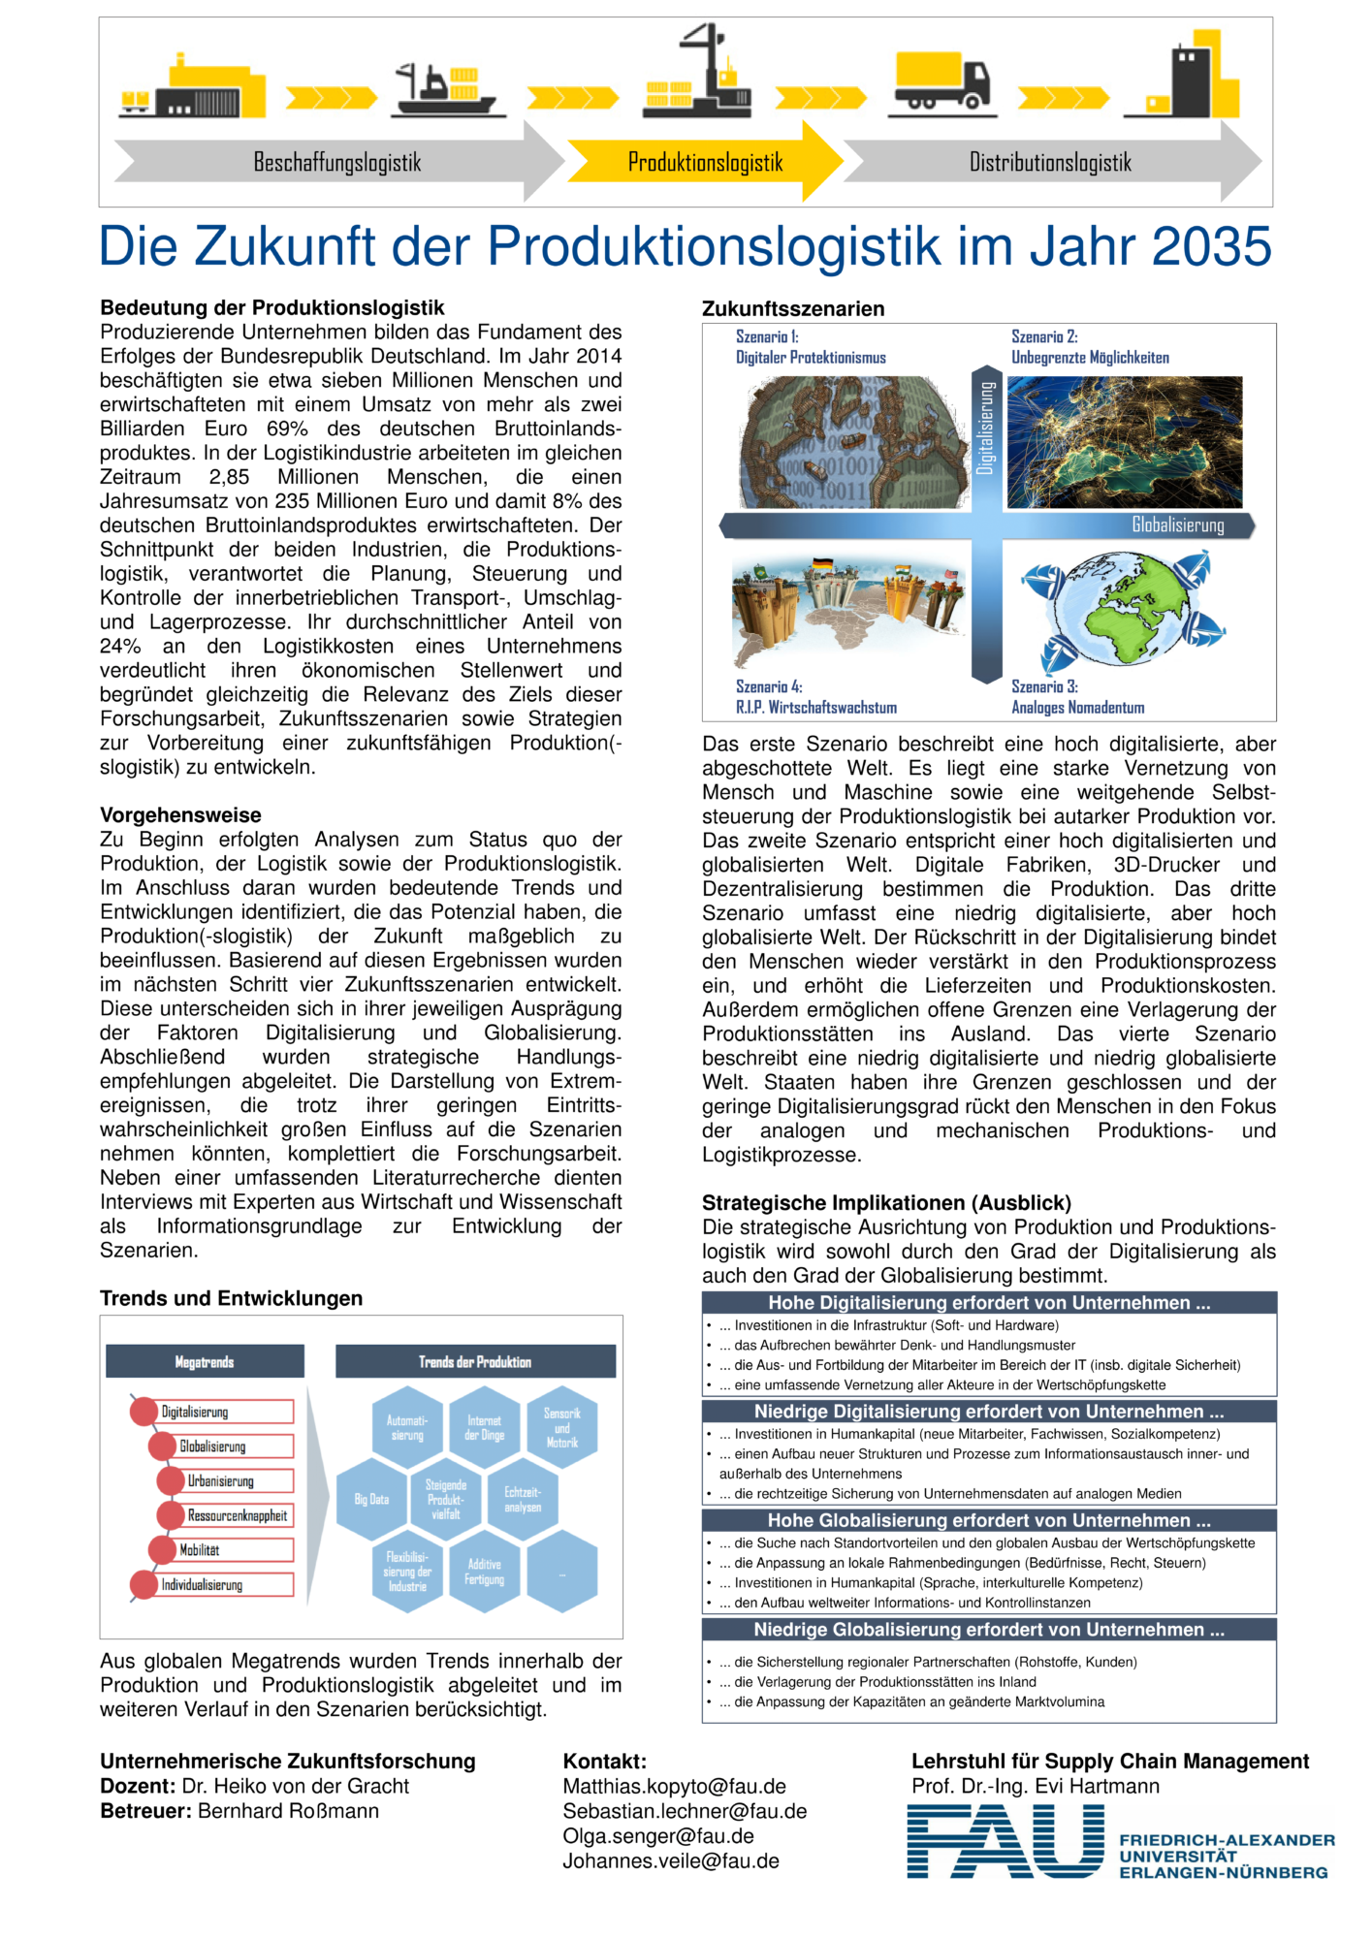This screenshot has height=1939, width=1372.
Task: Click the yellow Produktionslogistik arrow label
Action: point(705,162)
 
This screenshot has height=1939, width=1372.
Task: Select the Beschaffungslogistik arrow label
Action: point(336,162)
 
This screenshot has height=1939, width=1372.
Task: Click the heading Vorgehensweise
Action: point(180,814)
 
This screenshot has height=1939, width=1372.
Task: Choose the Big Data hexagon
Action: point(371,1499)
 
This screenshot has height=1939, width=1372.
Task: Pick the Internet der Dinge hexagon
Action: point(484,1427)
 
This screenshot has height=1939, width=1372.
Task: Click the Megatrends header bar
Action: point(205,1361)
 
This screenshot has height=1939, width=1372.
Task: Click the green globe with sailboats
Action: point(1125,609)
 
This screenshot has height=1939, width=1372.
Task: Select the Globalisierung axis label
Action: point(1177,525)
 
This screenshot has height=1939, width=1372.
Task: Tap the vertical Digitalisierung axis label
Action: point(986,427)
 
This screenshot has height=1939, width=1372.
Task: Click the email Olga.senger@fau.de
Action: point(658,1835)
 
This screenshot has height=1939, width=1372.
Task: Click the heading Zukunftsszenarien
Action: point(793,308)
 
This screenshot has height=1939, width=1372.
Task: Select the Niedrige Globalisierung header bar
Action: point(989,1629)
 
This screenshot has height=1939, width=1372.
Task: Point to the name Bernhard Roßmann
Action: point(288,1810)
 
